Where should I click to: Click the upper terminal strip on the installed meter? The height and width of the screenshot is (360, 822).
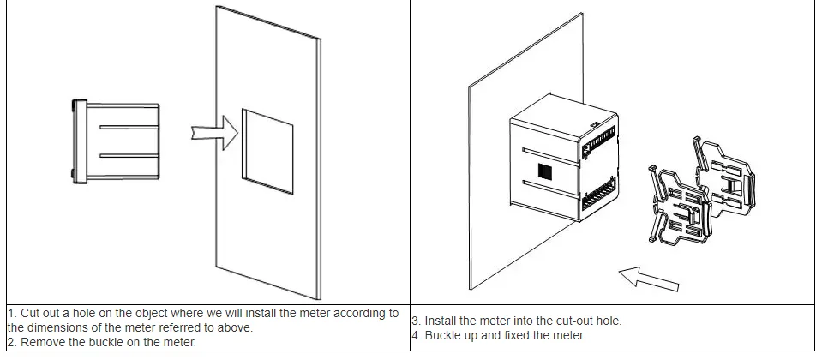coord(600,142)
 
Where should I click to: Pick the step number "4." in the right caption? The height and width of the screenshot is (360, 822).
coord(417,335)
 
